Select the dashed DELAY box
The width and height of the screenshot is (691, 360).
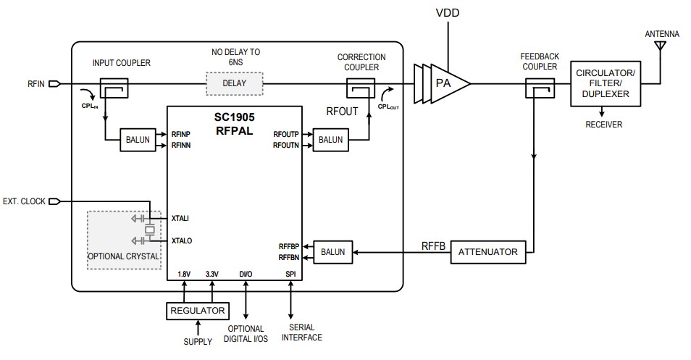[x=234, y=83]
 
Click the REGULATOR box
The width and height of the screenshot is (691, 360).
[x=197, y=311]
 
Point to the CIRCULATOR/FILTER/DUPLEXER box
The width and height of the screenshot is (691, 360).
[x=606, y=83]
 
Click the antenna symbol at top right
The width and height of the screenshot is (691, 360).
[x=660, y=46]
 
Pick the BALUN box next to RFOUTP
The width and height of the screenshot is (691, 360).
[x=330, y=141]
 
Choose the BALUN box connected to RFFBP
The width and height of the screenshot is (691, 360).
[x=330, y=252]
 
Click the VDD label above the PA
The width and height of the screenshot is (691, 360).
[x=447, y=13]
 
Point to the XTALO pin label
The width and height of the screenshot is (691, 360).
[x=183, y=240]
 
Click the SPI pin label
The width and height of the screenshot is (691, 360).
[x=290, y=274]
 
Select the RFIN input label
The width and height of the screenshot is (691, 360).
[x=35, y=84]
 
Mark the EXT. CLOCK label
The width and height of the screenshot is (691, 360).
[x=25, y=201]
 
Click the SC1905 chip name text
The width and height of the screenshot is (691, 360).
[x=235, y=117]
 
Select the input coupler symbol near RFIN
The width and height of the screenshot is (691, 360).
[x=114, y=88]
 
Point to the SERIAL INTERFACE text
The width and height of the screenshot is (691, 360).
[x=301, y=332]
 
